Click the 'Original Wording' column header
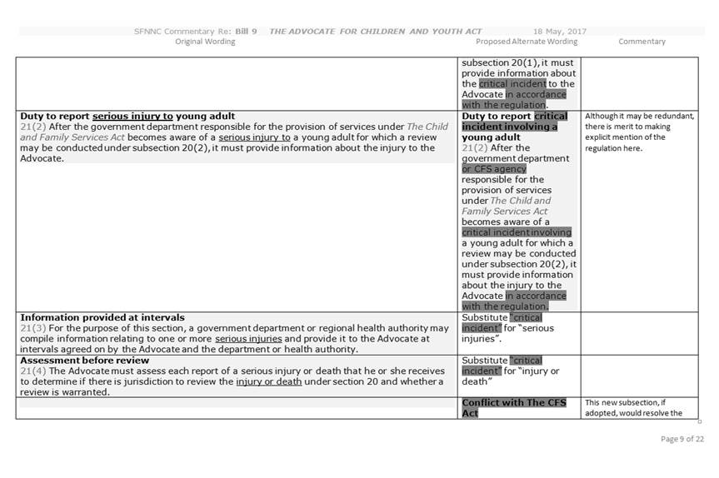(x=205, y=42)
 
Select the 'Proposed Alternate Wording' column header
(x=527, y=42)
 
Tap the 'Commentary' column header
(x=642, y=42)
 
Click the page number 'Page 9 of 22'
(x=682, y=439)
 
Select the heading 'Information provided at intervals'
(x=102, y=317)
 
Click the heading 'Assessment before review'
(x=84, y=361)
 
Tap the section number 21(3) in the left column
(x=30, y=328)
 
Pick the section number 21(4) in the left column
(x=30, y=371)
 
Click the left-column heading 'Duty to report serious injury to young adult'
(x=127, y=116)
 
